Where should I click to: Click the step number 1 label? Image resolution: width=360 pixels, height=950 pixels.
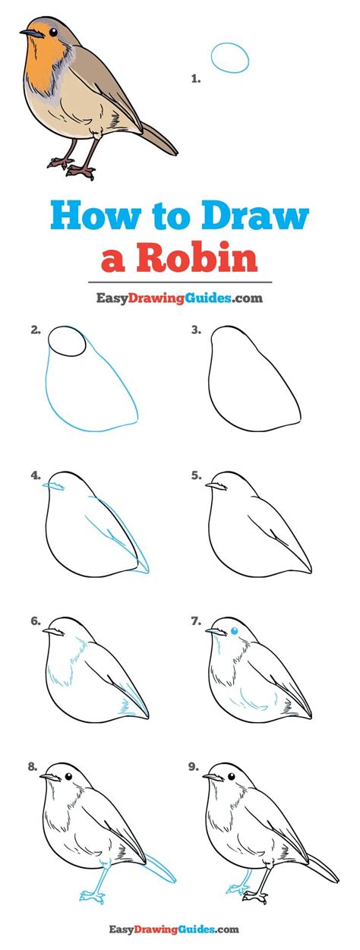(x=195, y=78)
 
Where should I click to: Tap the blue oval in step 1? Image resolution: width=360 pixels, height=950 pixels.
(x=230, y=58)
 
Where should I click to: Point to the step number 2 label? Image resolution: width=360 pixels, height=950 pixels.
(x=35, y=330)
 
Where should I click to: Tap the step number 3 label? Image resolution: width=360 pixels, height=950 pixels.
(x=195, y=330)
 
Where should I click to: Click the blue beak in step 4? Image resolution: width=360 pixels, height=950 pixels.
(x=53, y=484)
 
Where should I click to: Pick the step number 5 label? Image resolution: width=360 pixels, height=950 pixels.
(x=195, y=476)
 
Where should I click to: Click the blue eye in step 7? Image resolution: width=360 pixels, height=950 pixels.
(x=234, y=630)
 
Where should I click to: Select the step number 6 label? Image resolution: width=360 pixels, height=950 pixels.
(x=35, y=621)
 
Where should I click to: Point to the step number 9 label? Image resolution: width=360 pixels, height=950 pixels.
(x=195, y=767)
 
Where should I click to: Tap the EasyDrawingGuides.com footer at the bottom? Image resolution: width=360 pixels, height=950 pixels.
(x=179, y=929)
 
